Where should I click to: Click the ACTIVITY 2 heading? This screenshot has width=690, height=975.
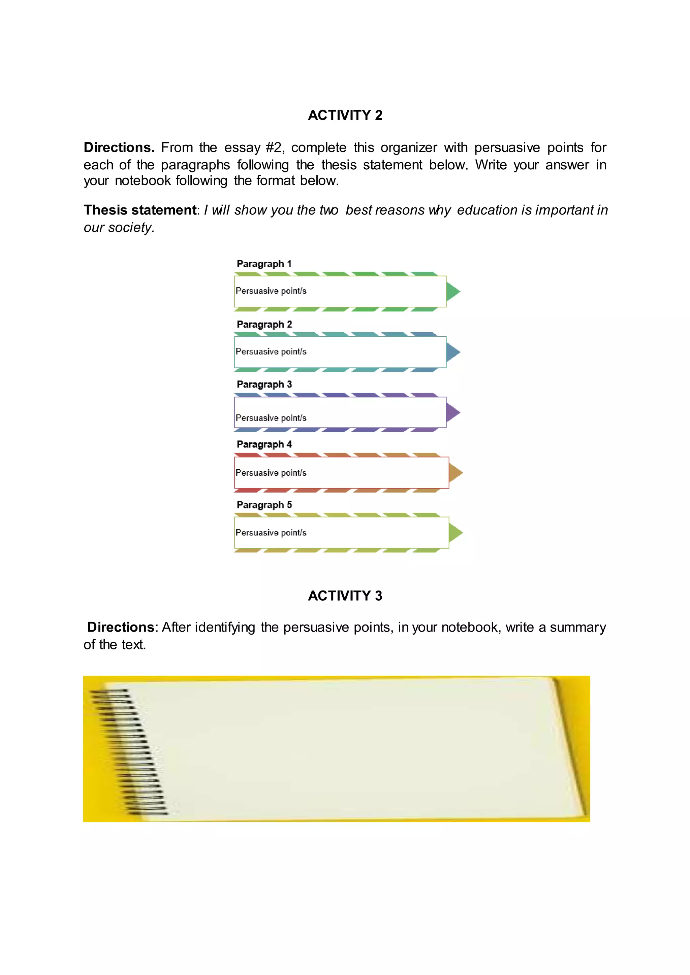coord(345,115)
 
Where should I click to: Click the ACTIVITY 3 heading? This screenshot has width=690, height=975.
coord(345,596)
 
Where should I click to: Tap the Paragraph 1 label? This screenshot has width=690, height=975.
coord(264,264)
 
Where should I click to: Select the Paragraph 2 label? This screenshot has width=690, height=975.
coord(264,325)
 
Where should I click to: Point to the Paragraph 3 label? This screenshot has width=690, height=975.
coord(264,384)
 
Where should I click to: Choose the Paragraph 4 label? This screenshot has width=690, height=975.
coord(264,444)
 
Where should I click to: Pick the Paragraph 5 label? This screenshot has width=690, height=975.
coord(264,505)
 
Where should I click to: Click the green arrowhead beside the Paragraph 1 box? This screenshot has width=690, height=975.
coord(452,291)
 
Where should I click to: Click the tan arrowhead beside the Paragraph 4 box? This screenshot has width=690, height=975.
coord(455,473)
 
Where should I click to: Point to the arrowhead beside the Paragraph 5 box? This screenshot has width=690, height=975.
coord(455,533)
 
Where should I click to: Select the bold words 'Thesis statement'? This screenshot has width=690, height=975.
coord(140,210)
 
